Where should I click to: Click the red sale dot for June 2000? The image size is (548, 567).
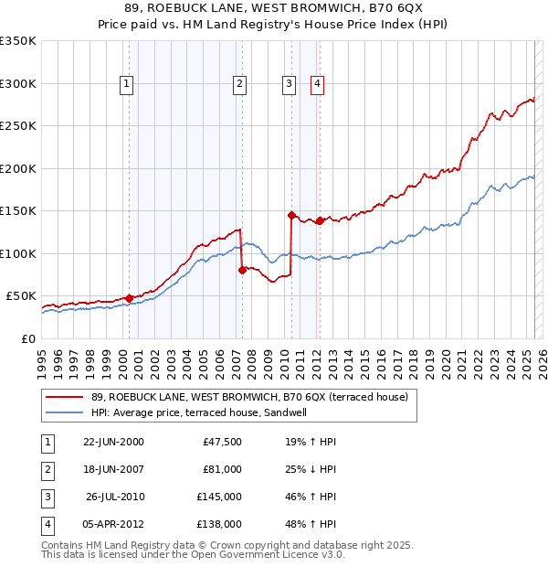click(x=130, y=297)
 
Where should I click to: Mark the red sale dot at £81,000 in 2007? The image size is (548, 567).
click(x=243, y=269)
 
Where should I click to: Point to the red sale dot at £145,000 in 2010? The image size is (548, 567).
click(x=292, y=215)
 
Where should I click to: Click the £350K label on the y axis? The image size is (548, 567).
click(x=18, y=41)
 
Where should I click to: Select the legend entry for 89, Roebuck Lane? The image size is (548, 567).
click(x=242, y=397)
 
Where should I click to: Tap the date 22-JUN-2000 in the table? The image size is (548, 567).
click(x=113, y=442)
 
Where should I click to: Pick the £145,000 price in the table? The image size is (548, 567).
click(x=219, y=497)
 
